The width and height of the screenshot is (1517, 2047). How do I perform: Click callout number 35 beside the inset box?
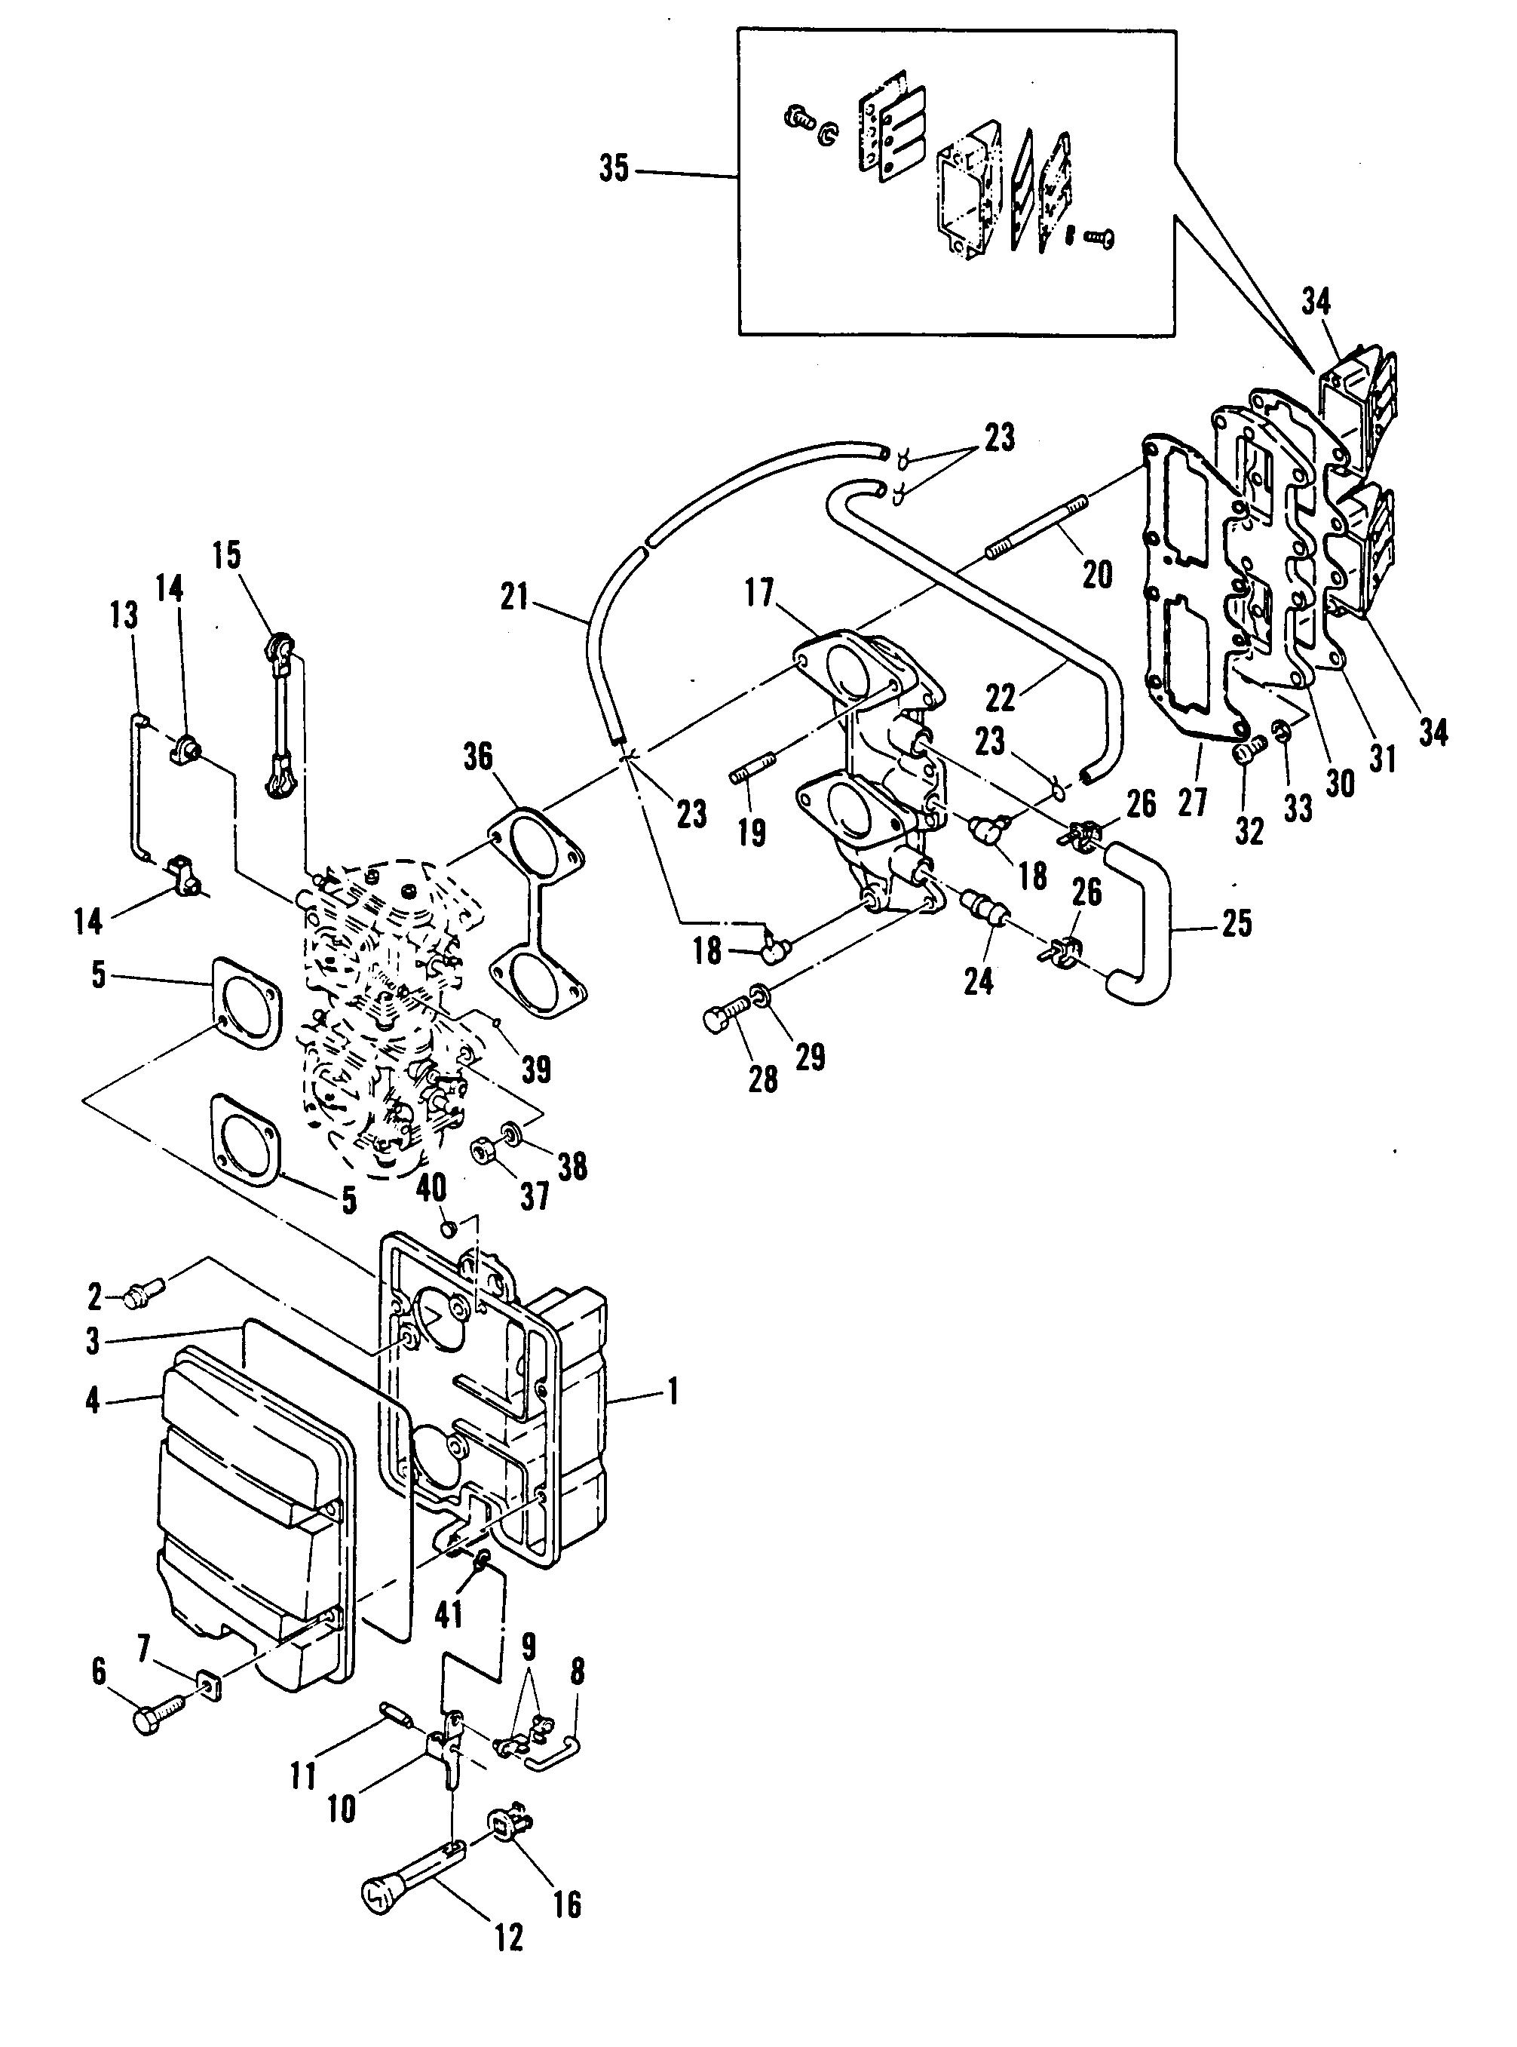pyautogui.click(x=614, y=170)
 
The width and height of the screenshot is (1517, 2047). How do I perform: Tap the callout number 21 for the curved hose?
pyautogui.click(x=516, y=598)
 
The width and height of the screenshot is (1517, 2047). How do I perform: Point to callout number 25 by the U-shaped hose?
pyautogui.click(x=1237, y=923)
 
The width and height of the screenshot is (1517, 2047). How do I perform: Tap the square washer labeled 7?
pyautogui.click(x=210, y=1686)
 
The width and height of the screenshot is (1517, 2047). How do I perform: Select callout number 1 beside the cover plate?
pyautogui.click(x=673, y=1393)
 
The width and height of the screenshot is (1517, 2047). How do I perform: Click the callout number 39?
pyautogui.click(x=536, y=1069)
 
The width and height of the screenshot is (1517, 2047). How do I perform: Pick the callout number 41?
pyautogui.click(x=448, y=1613)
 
